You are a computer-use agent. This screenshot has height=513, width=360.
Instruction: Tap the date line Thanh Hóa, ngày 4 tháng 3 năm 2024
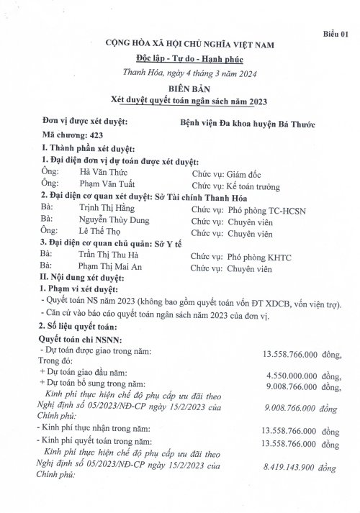[179, 72]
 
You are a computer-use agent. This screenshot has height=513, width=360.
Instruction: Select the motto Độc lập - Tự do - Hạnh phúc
[179, 58]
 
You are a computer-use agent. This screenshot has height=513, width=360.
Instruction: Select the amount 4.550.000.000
[291, 374]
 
